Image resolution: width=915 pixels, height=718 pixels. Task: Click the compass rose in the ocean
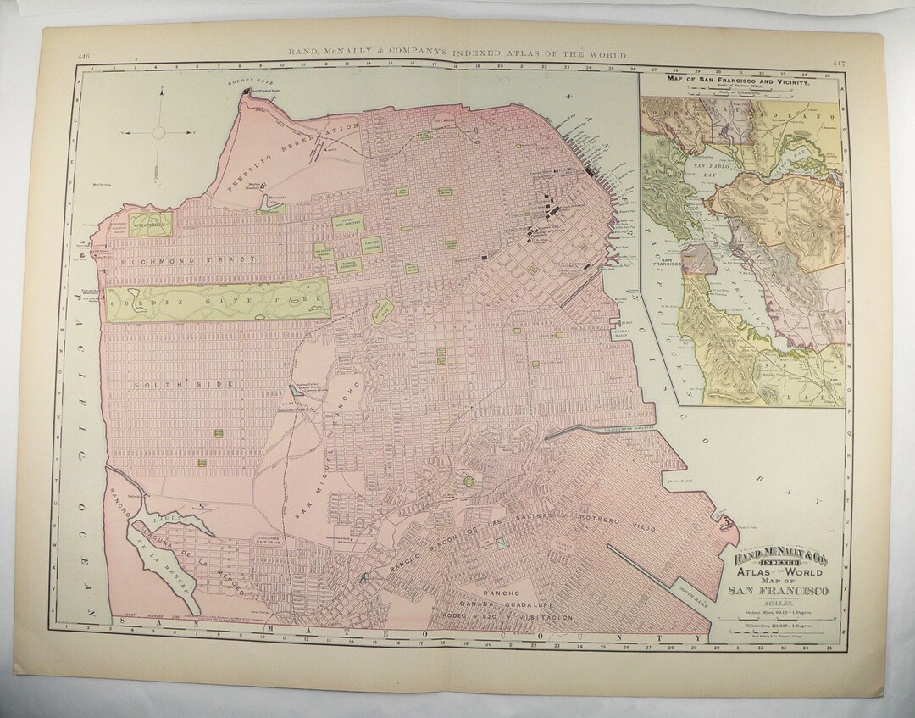pyautogui.click(x=158, y=132)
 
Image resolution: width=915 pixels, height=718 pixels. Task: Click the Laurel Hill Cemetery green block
pyautogui.click(x=347, y=223)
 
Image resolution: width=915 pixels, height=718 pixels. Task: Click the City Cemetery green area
pyautogui.click(x=140, y=224)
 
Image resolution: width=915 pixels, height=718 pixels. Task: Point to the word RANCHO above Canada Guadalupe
pyautogui.click(x=499, y=591)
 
